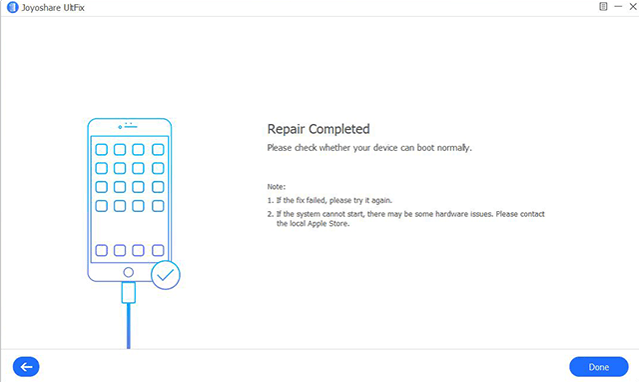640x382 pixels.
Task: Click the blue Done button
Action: [x=599, y=367]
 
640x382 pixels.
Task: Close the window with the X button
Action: [x=633, y=7]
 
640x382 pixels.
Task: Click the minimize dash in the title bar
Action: [x=618, y=7]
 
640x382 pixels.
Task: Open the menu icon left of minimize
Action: [x=603, y=7]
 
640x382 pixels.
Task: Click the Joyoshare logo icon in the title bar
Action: [x=13, y=7]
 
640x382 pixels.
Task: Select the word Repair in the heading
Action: [x=287, y=129]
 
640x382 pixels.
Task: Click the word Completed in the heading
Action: [x=339, y=129]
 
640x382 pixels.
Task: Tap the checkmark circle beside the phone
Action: [x=166, y=275]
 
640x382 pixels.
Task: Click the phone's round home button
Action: [x=128, y=272]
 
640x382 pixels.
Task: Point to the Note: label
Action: [x=277, y=187]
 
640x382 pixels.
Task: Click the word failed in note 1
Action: [x=318, y=200]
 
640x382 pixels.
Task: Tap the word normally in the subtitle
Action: [x=454, y=148]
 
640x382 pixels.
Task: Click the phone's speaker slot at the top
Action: [x=131, y=127]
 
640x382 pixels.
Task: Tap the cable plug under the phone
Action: [x=129, y=292]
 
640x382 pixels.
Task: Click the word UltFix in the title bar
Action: [x=74, y=7]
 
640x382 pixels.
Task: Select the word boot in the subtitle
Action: [x=425, y=148]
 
